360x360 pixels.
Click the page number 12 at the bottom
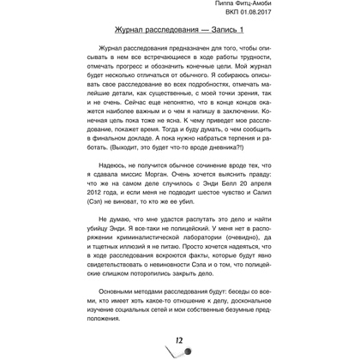point(180,342)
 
